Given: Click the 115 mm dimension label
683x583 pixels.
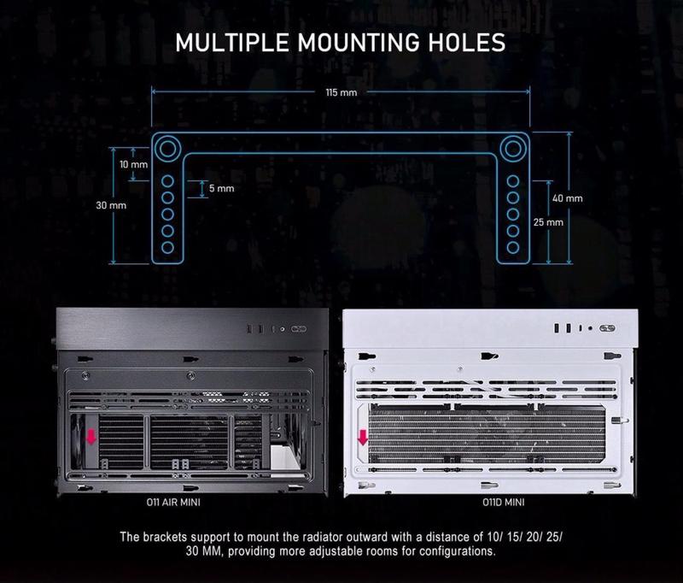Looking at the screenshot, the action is [341, 92].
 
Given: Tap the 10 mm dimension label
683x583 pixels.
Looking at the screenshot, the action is [134, 164].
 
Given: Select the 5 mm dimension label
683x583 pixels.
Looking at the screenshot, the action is [221, 188].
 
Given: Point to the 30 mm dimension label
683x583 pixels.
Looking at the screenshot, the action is [111, 205].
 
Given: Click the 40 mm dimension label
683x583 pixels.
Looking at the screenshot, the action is [568, 198].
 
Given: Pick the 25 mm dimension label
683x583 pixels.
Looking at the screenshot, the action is [548, 222].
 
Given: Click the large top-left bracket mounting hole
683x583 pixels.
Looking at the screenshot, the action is [167, 149].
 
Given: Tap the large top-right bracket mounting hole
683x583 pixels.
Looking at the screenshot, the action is [513, 149].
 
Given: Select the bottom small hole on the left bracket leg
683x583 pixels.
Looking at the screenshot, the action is [167, 248].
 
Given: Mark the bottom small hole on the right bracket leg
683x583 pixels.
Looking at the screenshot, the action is [513, 248].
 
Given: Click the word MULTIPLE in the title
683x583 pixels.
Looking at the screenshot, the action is [232, 43].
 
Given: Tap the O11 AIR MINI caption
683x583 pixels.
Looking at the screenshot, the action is [173, 503].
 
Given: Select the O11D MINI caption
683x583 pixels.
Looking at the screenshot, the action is [503, 503].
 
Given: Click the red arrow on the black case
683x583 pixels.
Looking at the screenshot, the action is [91, 437].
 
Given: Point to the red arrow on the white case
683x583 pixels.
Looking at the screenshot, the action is [362, 438].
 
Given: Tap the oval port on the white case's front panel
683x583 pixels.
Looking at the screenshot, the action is [607, 328].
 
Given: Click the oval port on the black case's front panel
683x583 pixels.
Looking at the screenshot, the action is [300, 329].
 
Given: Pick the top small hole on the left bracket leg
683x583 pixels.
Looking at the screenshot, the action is [167, 181].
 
